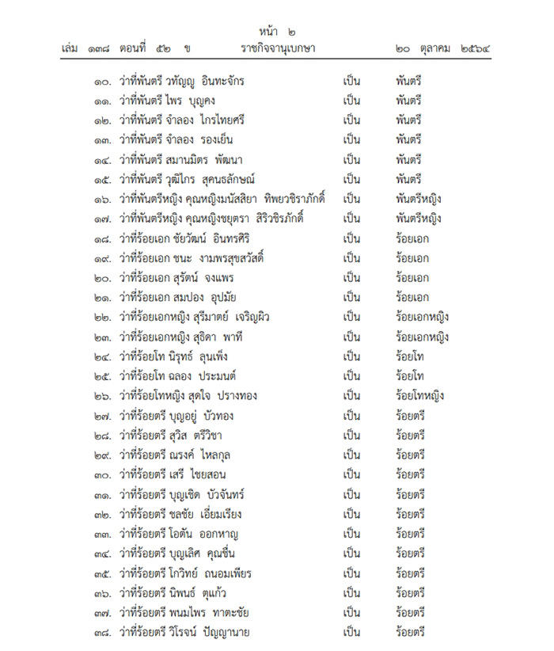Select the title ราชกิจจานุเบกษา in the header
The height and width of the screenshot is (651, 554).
278,49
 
